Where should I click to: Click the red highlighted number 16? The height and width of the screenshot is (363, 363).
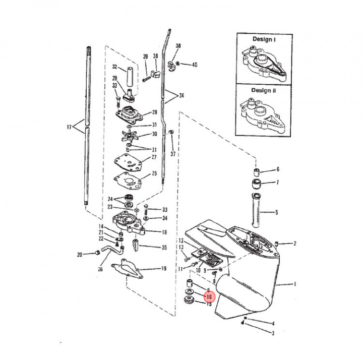pos(209,297)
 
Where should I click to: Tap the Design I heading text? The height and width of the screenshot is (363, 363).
pos(264,39)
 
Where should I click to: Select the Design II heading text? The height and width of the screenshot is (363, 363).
pos(264,90)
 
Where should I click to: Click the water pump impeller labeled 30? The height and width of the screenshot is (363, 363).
pos(129,136)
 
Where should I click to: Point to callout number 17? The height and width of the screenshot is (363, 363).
pos(69,127)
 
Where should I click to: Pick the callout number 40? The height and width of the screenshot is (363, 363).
pos(195,65)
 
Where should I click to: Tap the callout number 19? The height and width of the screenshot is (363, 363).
pos(164,269)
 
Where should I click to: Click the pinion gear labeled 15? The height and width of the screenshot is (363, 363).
pos(189,300)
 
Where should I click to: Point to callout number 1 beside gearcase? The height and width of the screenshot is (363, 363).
pos(295,284)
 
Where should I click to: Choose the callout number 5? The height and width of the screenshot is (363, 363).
pos(276,212)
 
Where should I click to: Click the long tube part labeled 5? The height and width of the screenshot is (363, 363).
pos(256,210)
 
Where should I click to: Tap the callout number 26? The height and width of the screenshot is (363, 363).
pos(100,269)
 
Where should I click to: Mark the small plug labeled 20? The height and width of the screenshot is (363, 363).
pos(98,253)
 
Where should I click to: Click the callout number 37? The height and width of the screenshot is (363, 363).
pos(173,154)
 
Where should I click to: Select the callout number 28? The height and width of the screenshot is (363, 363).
pos(154,112)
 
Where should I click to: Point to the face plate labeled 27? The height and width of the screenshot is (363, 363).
pos(128,162)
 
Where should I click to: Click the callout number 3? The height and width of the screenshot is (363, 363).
pos(273,333)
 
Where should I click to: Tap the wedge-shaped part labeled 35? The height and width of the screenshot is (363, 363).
pos(136,245)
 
